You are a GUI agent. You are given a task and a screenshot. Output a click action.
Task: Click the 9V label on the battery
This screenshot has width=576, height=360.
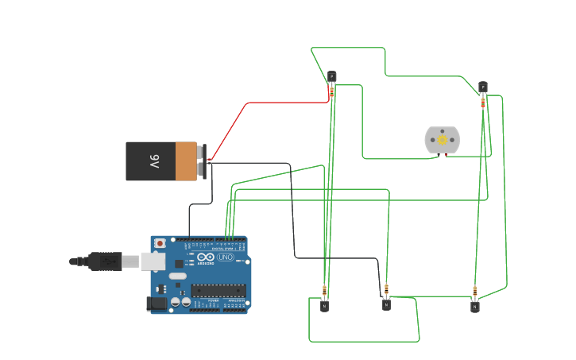pyautogui.click(x=155, y=161)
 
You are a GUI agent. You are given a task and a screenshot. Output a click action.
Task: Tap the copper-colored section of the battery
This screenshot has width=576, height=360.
pyautogui.click(x=186, y=161)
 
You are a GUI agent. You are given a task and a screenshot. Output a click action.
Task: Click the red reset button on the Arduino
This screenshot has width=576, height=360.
pyautogui.click(x=160, y=243)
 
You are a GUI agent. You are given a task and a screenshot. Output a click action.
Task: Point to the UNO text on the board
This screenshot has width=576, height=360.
pyautogui.click(x=225, y=257)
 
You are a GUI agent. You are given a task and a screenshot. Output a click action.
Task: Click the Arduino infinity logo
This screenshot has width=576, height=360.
pyautogui.click(x=205, y=257)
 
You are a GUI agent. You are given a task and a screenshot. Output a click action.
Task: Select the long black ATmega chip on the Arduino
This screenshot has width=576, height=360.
pyautogui.click(x=218, y=289)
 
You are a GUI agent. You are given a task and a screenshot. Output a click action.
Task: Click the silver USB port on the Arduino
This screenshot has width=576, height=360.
pyautogui.click(x=153, y=261)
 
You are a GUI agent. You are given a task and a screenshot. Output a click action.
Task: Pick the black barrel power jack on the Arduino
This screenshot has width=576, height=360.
pyautogui.click(x=157, y=303)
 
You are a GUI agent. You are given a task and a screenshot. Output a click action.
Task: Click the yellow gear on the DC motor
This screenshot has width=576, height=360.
pyautogui.click(x=443, y=140)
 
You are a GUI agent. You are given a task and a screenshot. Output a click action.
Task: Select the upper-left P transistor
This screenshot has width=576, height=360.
pyautogui.click(x=331, y=77)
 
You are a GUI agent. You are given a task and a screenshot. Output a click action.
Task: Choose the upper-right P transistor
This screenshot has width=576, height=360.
pyautogui.click(x=482, y=87)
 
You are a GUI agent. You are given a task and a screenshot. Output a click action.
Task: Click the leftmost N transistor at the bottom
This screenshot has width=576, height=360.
pyautogui.click(x=324, y=305)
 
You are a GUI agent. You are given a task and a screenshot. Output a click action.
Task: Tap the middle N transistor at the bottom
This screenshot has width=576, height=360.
pyautogui.click(x=386, y=304)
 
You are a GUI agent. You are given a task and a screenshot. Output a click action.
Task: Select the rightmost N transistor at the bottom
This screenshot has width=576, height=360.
pyautogui.click(x=474, y=306)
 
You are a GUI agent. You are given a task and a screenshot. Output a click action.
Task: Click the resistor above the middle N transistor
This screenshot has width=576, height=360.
pyautogui.click(x=386, y=288)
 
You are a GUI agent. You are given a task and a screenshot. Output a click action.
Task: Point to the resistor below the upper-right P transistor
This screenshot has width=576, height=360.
pyautogui.click(x=482, y=103)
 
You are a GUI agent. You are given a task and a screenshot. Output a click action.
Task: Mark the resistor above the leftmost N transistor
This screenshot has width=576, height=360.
pyautogui.click(x=324, y=290)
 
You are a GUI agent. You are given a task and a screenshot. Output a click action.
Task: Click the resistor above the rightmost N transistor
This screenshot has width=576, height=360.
pyautogui.click(x=475, y=291)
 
